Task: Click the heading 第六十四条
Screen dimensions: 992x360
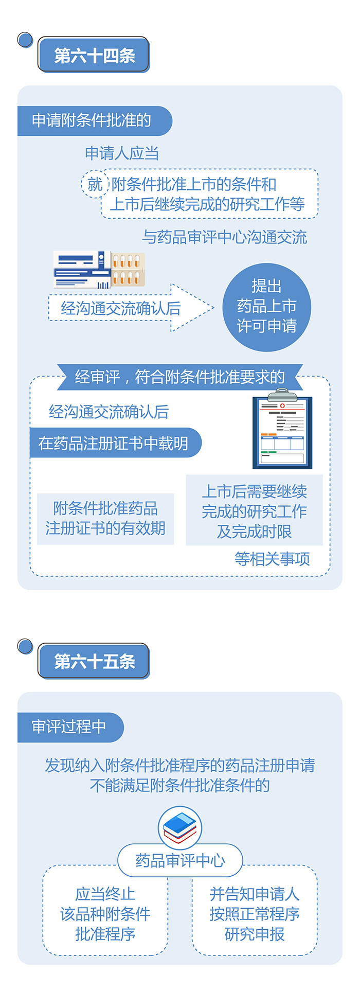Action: [94, 55]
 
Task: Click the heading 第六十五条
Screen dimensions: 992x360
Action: [94, 661]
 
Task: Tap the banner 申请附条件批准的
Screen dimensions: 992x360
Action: [93, 120]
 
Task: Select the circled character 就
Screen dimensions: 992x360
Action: [95, 184]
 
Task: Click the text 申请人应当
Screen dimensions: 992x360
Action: [122, 153]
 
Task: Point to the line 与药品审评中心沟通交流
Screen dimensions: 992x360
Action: [224, 237]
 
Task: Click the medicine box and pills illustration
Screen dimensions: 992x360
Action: [99, 269]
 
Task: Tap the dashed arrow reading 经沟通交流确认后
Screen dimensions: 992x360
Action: [129, 308]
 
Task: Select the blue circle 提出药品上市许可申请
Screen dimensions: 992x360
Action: [266, 307]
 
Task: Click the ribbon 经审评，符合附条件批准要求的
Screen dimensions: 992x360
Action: [180, 377]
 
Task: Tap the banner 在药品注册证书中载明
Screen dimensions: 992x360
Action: [114, 443]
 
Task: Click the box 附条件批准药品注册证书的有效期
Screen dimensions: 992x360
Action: [105, 518]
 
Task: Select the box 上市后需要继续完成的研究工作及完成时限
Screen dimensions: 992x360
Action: [254, 510]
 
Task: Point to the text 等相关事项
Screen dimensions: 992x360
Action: [272, 558]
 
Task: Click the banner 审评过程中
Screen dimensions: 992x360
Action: [69, 727]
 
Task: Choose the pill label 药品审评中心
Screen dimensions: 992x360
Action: [180, 860]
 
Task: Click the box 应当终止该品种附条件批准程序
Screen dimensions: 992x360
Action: [105, 914]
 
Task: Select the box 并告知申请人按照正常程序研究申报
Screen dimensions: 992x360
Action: [255, 914]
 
